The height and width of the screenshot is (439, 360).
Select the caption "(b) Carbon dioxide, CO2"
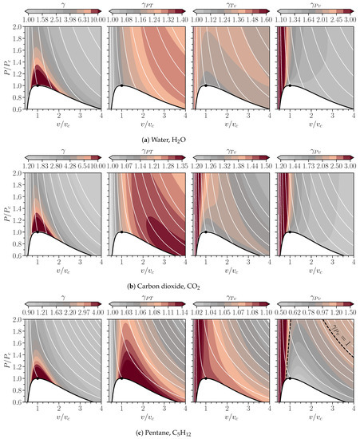click(x=180, y=286)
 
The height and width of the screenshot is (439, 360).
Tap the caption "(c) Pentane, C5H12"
click(x=180, y=431)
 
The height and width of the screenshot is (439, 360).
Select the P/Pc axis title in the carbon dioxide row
click(x=6, y=212)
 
